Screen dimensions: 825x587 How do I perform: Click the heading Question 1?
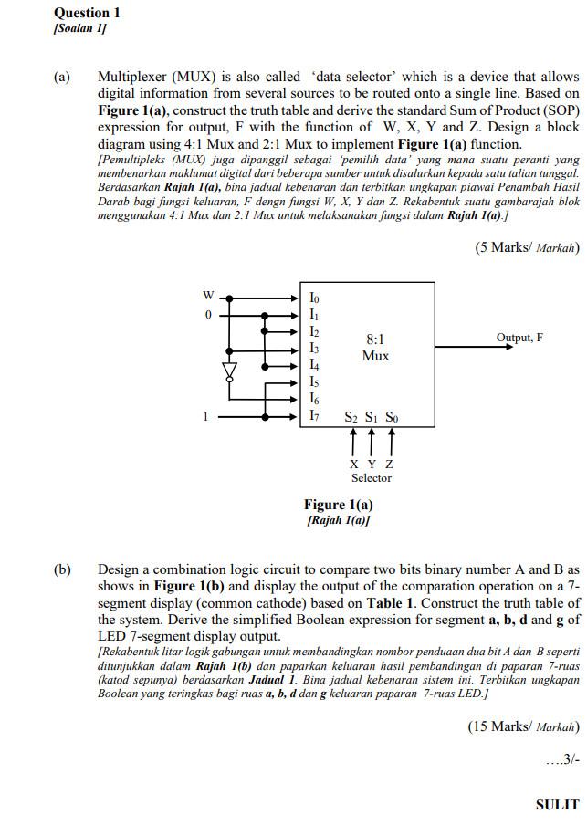click(x=88, y=13)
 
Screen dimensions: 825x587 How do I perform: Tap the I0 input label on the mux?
click(x=314, y=298)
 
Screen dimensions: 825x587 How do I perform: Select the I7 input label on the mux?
click(x=314, y=416)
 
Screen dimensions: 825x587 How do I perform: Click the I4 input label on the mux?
click(x=314, y=365)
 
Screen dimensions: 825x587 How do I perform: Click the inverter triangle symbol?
click(x=230, y=371)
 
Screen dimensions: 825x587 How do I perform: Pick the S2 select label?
click(x=351, y=418)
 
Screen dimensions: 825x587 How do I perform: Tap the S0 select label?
click(x=391, y=418)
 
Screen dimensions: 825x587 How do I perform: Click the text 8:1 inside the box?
click(x=375, y=339)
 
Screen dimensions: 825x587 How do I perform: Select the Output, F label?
click(x=519, y=338)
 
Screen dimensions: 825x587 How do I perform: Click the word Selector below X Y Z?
click(x=372, y=478)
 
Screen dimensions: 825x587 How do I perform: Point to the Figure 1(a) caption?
click(x=339, y=505)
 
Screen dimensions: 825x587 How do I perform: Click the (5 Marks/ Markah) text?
click(x=528, y=247)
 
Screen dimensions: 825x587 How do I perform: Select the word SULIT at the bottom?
click(x=557, y=804)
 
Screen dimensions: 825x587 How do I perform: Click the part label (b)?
click(x=62, y=570)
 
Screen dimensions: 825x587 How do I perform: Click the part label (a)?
click(x=62, y=78)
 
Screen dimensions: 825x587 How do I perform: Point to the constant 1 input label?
click(x=206, y=417)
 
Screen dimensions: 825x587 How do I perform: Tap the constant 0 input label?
click(x=207, y=315)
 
